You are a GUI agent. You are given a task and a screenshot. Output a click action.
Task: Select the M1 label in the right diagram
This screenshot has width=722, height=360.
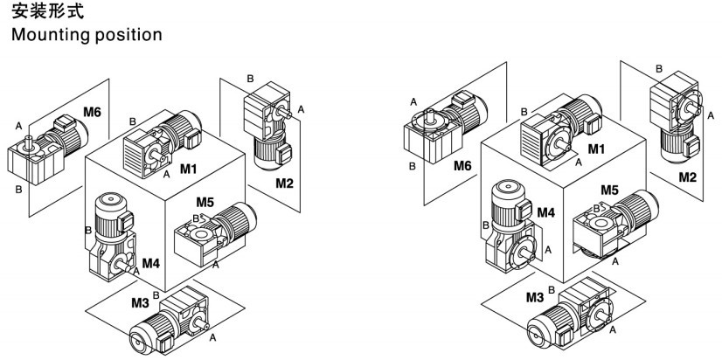[597, 149]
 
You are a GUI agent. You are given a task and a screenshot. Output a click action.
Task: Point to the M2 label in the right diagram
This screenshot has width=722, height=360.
[688, 177]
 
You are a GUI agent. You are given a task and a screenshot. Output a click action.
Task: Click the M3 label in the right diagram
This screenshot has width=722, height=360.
[536, 298]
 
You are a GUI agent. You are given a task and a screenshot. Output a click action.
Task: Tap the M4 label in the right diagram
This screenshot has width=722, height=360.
[545, 211]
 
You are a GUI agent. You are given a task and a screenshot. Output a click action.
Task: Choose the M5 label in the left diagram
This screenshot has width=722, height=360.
[205, 204]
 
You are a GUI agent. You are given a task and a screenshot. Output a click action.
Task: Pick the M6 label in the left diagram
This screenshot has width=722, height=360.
[94, 111]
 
